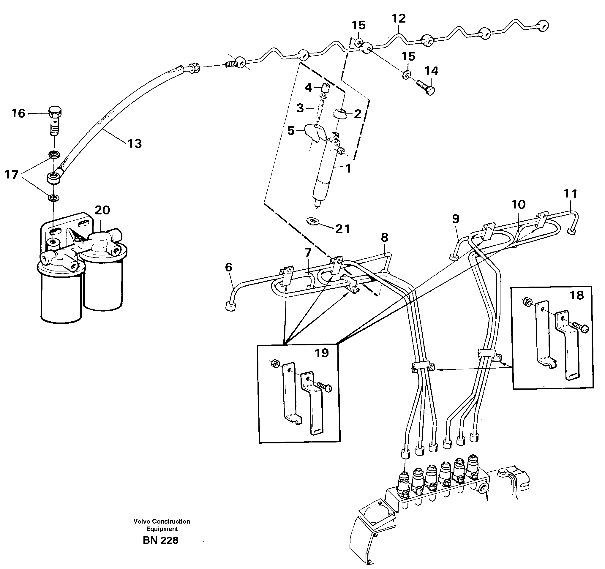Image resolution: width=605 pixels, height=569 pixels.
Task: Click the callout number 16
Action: [x=18, y=113]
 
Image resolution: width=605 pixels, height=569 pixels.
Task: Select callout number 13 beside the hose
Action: [x=135, y=144]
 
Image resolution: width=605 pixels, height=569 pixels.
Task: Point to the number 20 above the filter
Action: [x=102, y=210]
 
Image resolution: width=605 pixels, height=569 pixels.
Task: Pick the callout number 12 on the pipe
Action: [x=399, y=19]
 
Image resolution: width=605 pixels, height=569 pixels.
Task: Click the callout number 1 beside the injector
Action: [x=348, y=168]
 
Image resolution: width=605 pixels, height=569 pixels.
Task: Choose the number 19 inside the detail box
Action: [x=322, y=353]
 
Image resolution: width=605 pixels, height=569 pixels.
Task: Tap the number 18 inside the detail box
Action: [x=576, y=295]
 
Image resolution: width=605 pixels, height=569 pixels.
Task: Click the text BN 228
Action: [x=160, y=540]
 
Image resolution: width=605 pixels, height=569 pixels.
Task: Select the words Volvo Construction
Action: [x=162, y=521]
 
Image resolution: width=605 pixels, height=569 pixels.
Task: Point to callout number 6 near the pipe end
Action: [x=229, y=267]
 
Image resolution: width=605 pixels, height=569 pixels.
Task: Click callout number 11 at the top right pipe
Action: [x=570, y=194]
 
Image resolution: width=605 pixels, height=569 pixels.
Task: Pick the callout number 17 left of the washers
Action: [x=12, y=175]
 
